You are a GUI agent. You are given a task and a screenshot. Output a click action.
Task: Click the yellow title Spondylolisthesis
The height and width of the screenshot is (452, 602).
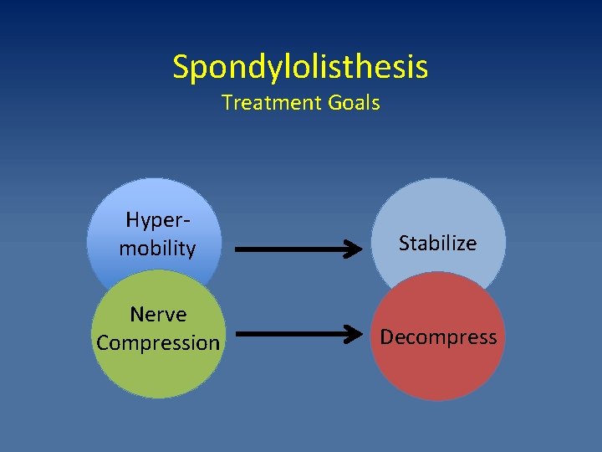pos(300,67)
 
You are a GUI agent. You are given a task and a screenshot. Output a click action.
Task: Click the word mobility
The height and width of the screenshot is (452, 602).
pos(157,249)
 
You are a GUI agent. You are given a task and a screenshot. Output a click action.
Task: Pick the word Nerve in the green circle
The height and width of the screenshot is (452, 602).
pos(158,315)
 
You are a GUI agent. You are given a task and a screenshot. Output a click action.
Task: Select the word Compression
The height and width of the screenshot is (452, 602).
pos(158,343)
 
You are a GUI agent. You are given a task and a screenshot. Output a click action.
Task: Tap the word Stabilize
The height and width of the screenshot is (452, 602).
pos(437,244)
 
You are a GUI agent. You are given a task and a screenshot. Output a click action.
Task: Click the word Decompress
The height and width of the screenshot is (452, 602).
pos(438,337)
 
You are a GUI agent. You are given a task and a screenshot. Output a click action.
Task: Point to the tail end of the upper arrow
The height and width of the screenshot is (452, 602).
pos(237,249)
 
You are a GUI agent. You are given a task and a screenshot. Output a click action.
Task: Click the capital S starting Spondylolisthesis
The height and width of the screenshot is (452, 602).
pos(181,67)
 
